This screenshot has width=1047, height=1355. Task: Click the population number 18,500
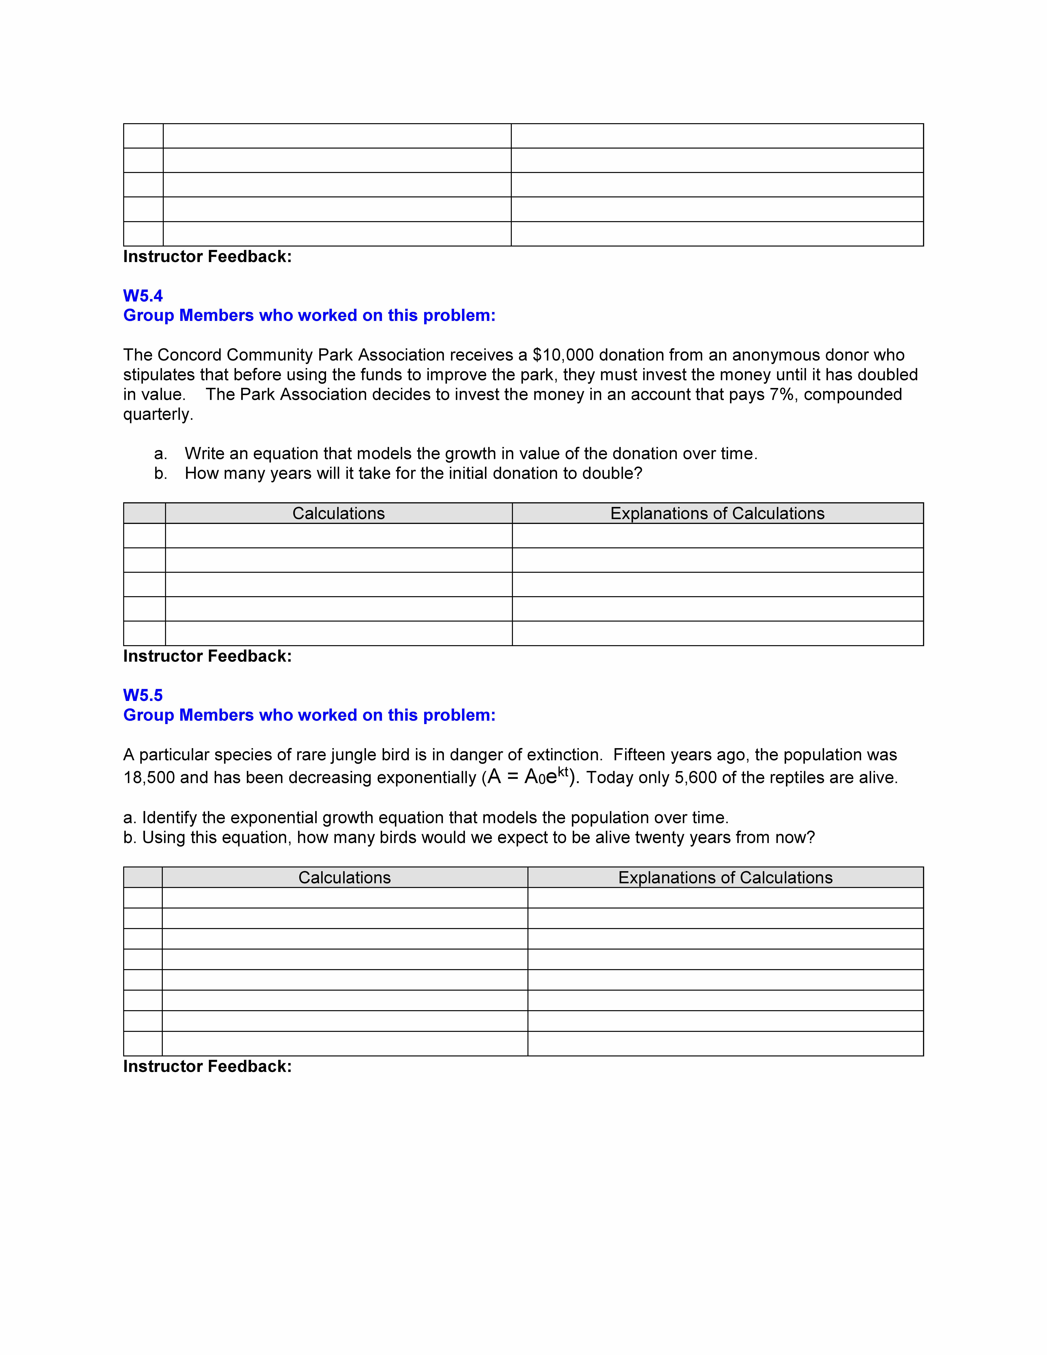149,778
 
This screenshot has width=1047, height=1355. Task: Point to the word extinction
559,755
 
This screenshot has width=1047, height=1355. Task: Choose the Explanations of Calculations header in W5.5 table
725,878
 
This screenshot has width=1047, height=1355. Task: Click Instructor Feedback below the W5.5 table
207,1066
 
